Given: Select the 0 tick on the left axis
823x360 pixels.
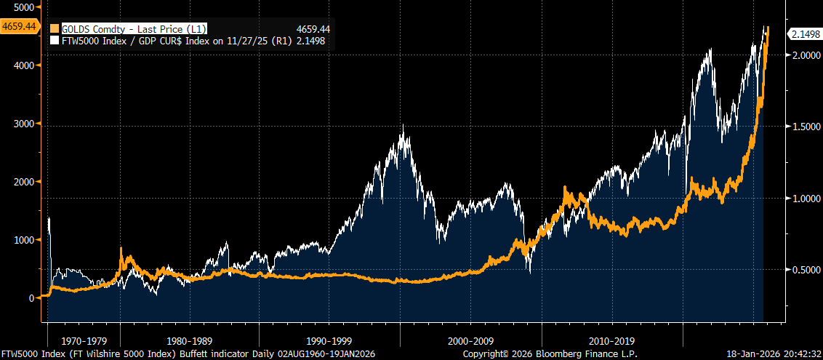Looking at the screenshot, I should coord(32,298).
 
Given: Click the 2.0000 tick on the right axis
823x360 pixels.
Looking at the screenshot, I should coord(804,55).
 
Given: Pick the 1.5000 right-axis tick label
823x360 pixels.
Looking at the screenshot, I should coord(804,127).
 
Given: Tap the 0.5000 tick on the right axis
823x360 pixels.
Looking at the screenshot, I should coord(804,270).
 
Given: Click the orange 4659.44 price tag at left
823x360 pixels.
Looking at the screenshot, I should coord(20,26).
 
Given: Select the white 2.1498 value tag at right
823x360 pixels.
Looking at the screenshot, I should coord(805,34).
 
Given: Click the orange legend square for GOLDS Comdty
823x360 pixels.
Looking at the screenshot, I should coord(53,29).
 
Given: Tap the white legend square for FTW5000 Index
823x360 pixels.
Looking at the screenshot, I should coord(53,41).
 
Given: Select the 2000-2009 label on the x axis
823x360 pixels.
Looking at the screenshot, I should coord(471,340).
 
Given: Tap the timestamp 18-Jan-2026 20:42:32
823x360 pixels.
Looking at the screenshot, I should coord(774,353).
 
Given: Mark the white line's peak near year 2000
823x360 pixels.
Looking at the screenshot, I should coord(403,126).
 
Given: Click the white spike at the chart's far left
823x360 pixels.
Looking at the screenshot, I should coord(49,218).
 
